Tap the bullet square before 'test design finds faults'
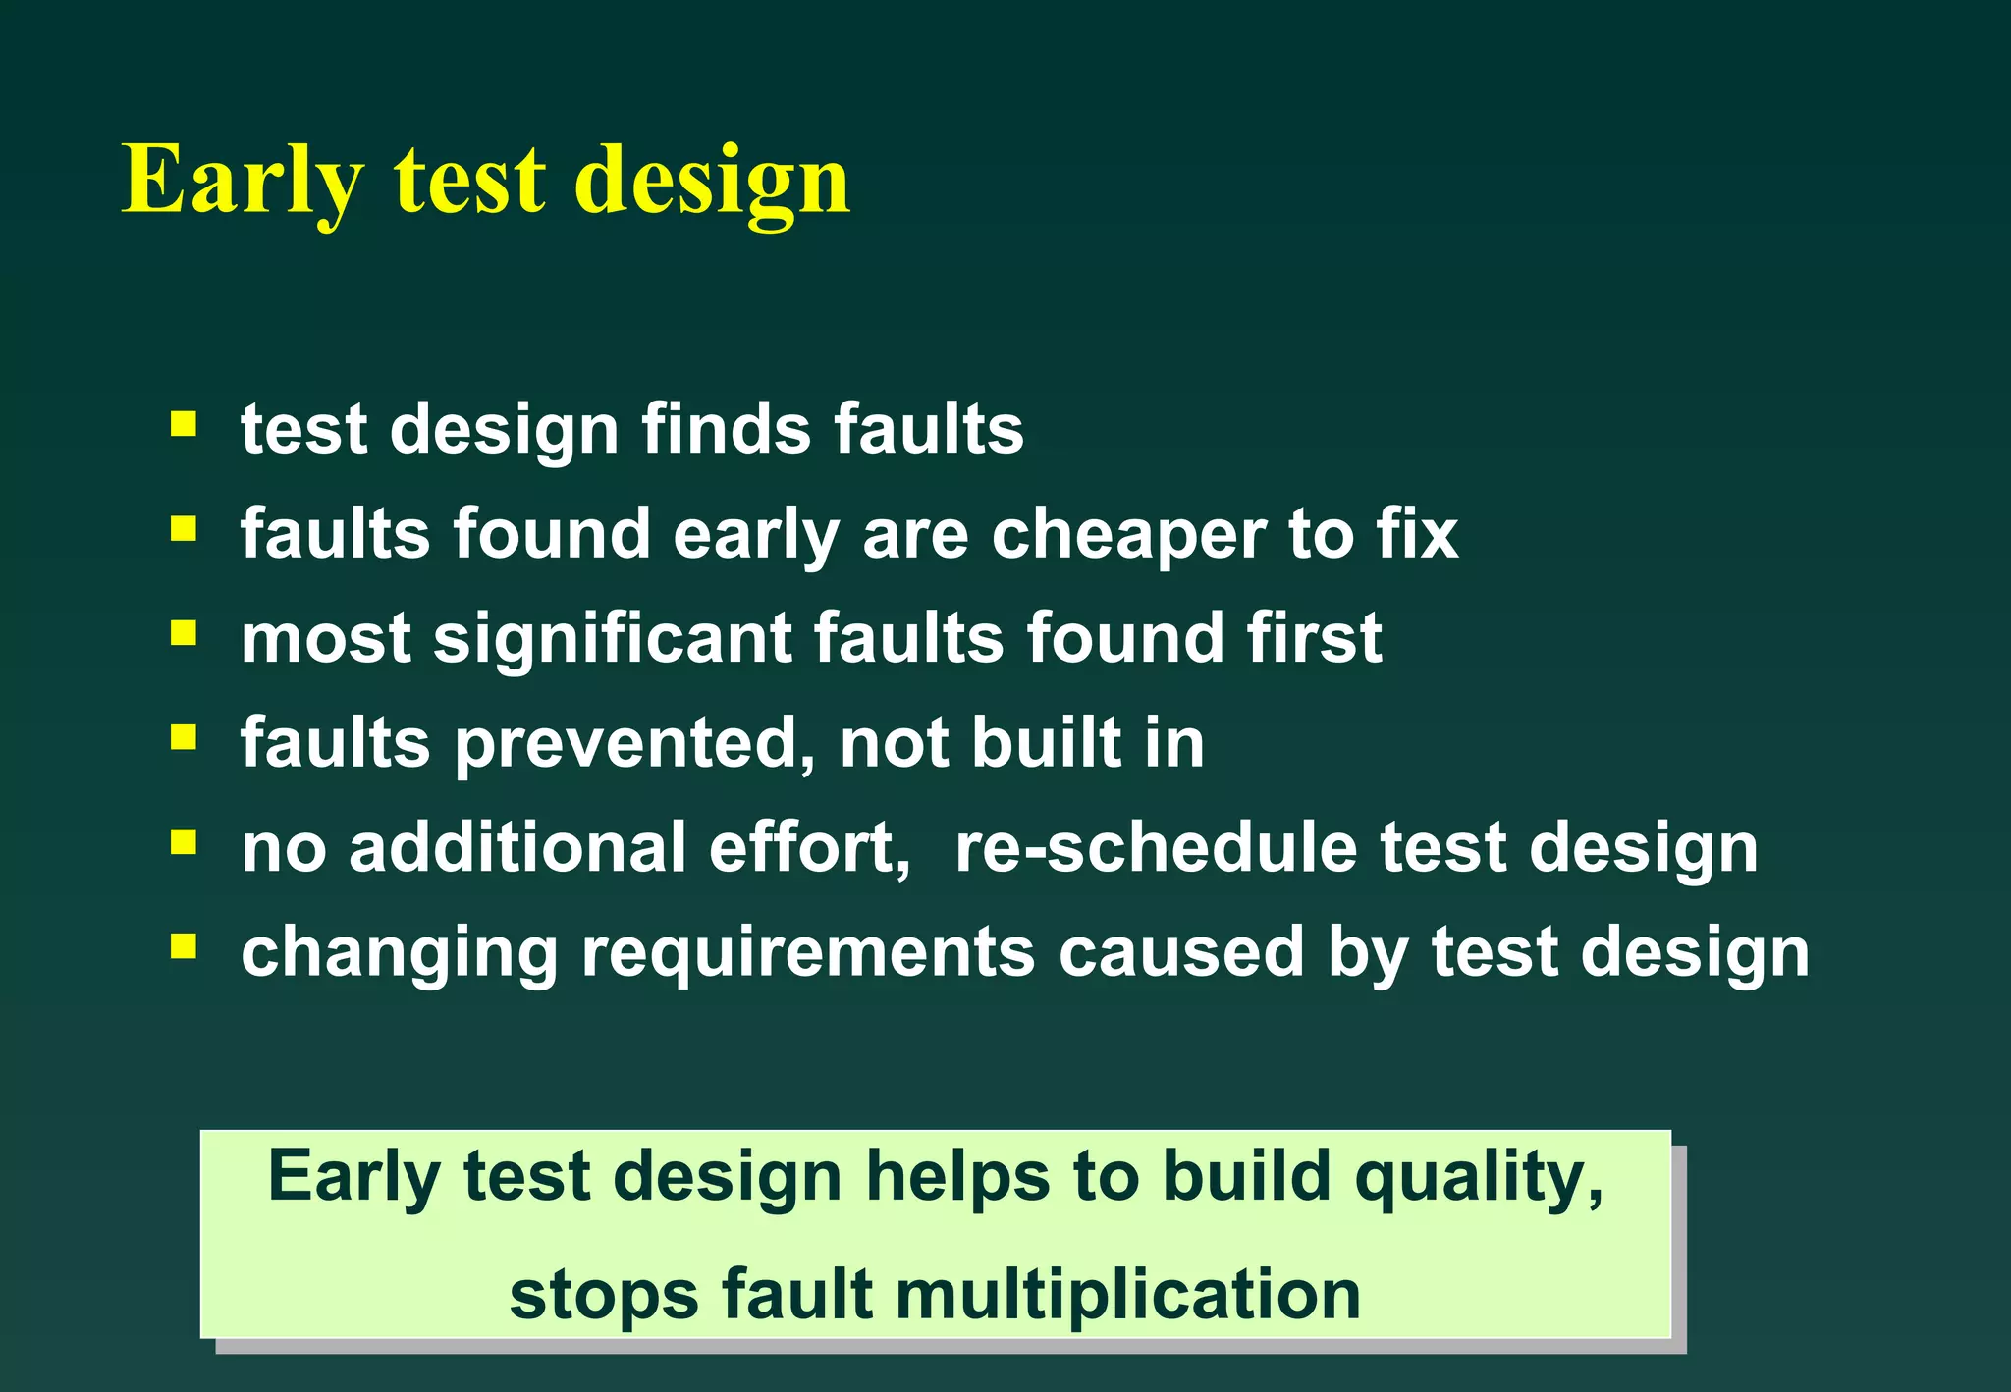pyautogui.click(x=184, y=425)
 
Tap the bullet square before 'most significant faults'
pyautogui.click(x=184, y=633)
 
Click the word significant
pyautogui.click(x=612, y=639)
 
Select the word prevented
pyautogui.click(x=634, y=743)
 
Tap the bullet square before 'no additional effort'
pyautogui.click(x=184, y=842)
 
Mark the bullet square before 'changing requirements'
pyautogui.click(x=184, y=946)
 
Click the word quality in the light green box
pyautogui.click(x=1478, y=1177)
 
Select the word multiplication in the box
pyautogui.click(x=1127, y=1295)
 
